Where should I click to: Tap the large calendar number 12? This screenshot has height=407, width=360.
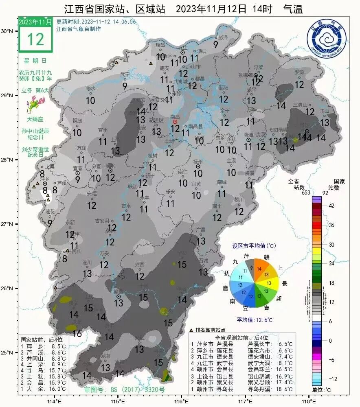coord(35,39)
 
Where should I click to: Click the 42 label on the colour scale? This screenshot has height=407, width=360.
coord(331,206)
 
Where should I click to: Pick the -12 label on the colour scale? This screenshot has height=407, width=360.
coord(334,379)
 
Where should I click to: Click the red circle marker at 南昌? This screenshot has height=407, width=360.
coord(175,122)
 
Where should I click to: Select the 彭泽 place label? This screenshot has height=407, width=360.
coord(222,37)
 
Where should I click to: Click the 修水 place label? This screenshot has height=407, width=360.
coord(90,88)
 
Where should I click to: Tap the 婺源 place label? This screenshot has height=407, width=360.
coord(299,72)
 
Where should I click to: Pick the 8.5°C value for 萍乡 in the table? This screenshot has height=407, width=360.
coord(59,346)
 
